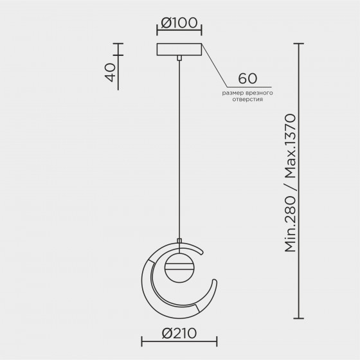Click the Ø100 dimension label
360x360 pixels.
(x=179, y=23)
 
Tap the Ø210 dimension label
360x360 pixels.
(x=179, y=333)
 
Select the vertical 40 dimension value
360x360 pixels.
(x=111, y=72)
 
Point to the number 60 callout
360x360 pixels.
(x=248, y=78)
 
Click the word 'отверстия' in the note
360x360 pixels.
(x=248, y=100)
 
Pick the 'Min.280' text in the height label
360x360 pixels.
(x=290, y=224)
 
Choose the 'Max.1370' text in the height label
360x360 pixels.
(x=290, y=146)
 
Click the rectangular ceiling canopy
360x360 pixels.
(x=179, y=50)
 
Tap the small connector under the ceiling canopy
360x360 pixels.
(x=179, y=58)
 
